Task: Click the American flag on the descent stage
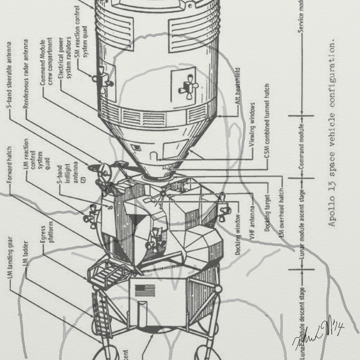[x=145, y=290]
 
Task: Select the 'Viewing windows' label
[x=253, y=124]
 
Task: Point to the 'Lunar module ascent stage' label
[x=302, y=221]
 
